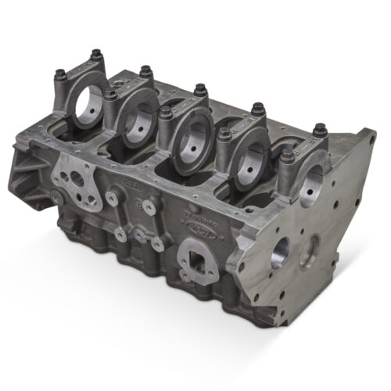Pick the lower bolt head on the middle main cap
[x=164, y=113]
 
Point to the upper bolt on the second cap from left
[x=146, y=71]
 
